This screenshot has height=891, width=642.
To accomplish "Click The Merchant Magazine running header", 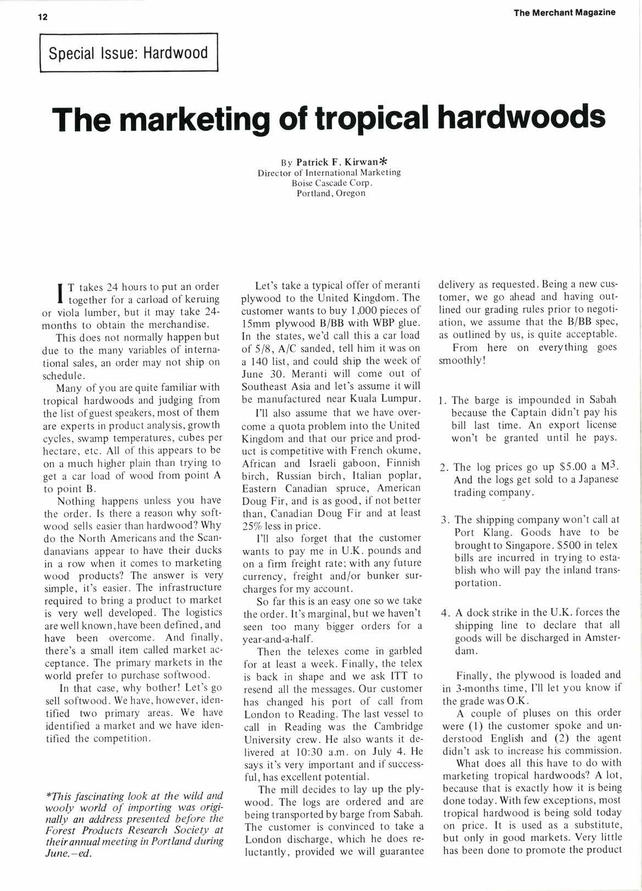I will click(564, 13).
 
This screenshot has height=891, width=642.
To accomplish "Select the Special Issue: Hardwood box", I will click(129, 53).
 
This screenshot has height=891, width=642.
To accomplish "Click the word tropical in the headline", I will click(364, 117).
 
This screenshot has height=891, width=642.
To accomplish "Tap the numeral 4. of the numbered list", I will click(445, 612).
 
